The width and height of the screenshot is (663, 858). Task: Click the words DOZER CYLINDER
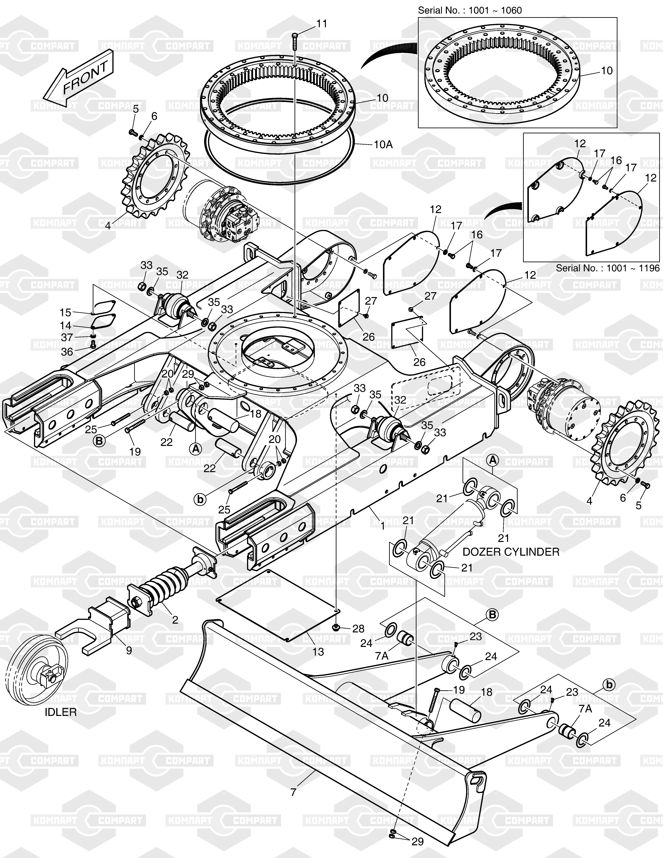coord(511,552)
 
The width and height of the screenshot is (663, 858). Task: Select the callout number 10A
coord(383,145)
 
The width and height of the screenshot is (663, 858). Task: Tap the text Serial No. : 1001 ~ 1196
coord(608,268)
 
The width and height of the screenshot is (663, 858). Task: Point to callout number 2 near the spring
coord(175,620)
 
